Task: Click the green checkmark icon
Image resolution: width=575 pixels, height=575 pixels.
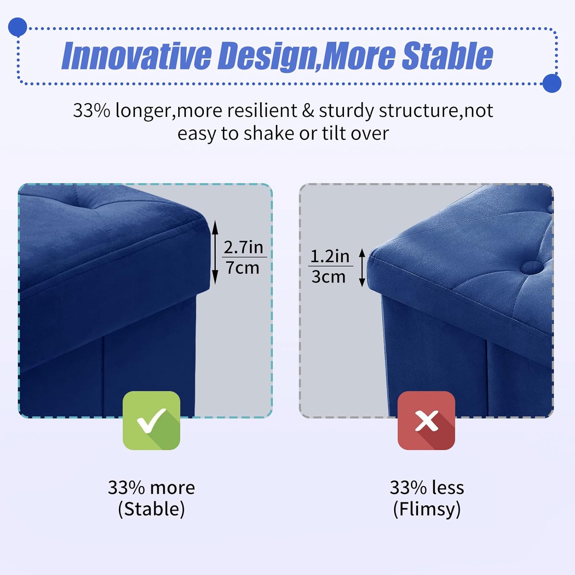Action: [151, 420]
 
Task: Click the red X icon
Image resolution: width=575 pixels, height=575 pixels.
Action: [426, 421]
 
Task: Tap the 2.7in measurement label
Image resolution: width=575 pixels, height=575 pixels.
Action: [244, 247]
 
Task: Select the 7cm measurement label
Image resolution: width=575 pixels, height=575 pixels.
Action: [243, 268]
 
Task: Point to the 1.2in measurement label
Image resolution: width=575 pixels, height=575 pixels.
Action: [330, 256]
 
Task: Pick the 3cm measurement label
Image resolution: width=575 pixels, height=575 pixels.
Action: [329, 276]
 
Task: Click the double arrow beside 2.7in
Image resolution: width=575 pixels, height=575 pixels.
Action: [215, 252]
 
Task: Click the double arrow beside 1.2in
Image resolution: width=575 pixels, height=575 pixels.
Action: [362, 267]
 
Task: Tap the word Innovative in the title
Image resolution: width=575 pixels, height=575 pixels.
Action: [137, 56]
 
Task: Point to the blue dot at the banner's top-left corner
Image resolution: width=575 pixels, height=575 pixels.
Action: [18, 27]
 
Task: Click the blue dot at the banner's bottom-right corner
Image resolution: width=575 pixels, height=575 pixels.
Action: [552, 83]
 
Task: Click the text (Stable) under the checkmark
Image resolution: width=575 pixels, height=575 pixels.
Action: [151, 509]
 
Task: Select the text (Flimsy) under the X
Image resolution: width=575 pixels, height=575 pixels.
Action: [427, 509]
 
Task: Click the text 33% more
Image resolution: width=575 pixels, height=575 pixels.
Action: [151, 488]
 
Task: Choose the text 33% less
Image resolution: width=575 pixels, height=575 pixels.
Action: [427, 488]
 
